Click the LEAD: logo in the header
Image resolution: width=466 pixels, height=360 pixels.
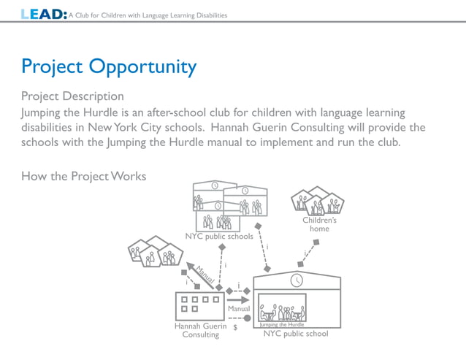pyautogui.click(x=45, y=14)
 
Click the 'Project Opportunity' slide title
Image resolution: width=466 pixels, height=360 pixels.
pyautogui.click(x=109, y=67)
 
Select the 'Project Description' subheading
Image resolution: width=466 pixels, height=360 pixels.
pyautogui.click(x=72, y=96)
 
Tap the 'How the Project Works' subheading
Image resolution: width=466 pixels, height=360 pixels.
pyautogui.click(x=83, y=176)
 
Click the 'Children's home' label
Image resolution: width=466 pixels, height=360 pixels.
pyautogui.click(x=319, y=224)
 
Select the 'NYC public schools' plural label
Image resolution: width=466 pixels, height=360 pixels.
pyautogui.click(x=219, y=237)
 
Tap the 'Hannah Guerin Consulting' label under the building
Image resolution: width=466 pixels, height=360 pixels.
pyautogui.click(x=200, y=331)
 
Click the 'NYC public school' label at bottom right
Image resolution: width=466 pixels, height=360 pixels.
pyautogui.click(x=296, y=334)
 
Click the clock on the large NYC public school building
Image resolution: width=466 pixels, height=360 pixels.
pyautogui.click(x=297, y=280)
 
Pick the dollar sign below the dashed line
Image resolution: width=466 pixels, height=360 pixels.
pyautogui.click(x=234, y=328)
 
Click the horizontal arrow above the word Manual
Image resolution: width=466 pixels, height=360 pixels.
pyautogui.click(x=238, y=299)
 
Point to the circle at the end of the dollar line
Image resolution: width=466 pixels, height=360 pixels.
pyautogui.click(x=248, y=318)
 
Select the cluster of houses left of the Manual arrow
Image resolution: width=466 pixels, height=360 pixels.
pyautogui.click(x=156, y=251)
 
